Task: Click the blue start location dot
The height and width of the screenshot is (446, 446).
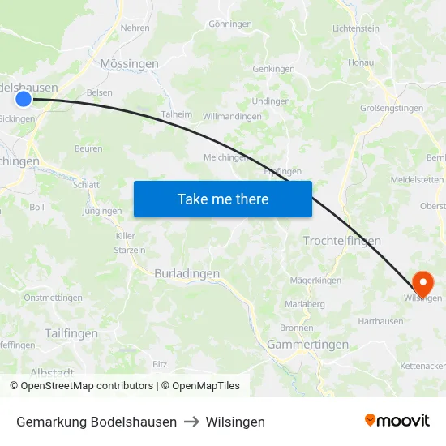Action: pyautogui.click(x=24, y=99)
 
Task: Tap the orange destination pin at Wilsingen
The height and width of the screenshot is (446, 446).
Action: pyautogui.click(x=422, y=283)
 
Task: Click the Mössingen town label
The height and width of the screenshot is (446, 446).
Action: pyautogui.click(x=129, y=63)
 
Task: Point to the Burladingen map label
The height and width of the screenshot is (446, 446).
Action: pyautogui.click(x=187, y=274)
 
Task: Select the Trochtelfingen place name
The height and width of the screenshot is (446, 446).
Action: pyautogui.click(x=341, y=241)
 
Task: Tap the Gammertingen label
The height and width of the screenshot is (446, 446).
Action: pyautogui.click(x=307, y=345)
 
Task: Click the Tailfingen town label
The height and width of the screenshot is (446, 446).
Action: pyautogui.click(x=71, y=333)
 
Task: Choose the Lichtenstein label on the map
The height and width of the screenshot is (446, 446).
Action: pyautogui.click(x=355, y=28)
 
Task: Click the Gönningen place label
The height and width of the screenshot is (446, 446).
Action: pyautogui.click(x=230, y=24)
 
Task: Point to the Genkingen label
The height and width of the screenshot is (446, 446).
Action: pyautogui.click(x=273, y=70)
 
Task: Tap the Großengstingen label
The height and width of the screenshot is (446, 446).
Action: pyautogui.click(x=392, y=107)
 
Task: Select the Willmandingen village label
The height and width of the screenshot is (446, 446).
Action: pyautogui.click(x=232, y=117)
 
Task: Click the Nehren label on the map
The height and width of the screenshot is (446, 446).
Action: pyautogui.click(x=135, y=28)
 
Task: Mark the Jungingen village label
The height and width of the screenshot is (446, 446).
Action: pyautogui.click(x=102, y=212)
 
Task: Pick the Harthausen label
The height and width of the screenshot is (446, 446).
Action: pyautogui.click(x=380, y=322)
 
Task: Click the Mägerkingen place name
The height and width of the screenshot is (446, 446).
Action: pyautogui.click(x=316, y=281)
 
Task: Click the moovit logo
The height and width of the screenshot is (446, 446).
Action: pyautogui.click(x=397, y=421)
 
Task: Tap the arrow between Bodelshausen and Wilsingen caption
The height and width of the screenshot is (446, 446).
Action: pyautogui.click(x=191, y=422)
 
